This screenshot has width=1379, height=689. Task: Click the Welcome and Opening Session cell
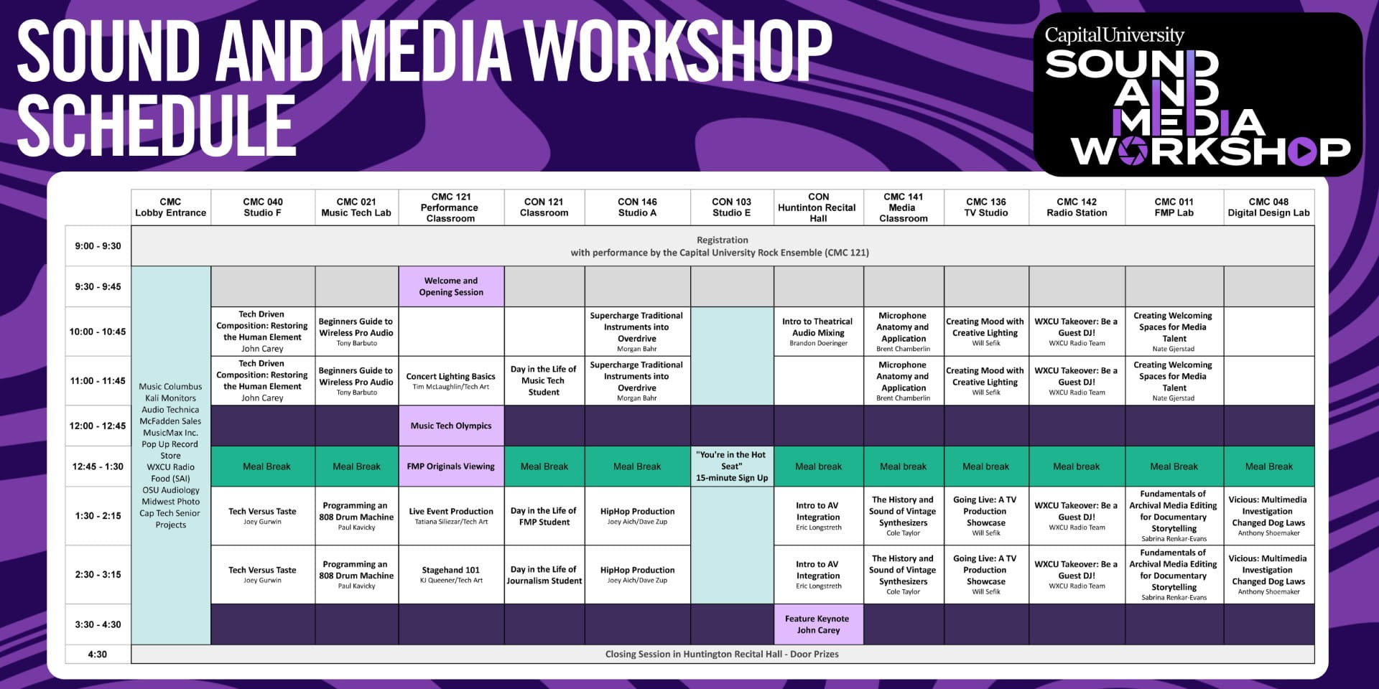(x=451, y=286)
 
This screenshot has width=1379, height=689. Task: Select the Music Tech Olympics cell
(x=451, y=426)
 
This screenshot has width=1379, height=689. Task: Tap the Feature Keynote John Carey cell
(x=817, y=624)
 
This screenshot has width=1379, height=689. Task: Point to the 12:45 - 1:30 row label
(x=98, y=467)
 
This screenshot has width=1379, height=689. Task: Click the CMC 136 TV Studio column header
(x=986, y=207)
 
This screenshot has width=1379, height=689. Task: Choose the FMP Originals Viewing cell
(x=451, y=467)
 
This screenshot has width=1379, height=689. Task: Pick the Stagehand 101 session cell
(x=451, y=574)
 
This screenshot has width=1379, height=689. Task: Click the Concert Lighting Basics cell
(x=451, y=380)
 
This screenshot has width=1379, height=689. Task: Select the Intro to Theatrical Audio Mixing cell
(x=818, y=332)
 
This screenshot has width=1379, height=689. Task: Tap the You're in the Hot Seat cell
(x=732, y=467)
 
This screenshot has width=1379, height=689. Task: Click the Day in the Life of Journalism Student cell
(x=544, y=574)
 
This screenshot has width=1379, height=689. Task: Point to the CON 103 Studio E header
(x=732, y=207)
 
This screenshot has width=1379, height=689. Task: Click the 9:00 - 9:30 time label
(x=98, y=246)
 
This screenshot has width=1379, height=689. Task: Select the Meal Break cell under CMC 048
(x=1269, y=467)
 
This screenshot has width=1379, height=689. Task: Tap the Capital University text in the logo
(x=1114, y=35)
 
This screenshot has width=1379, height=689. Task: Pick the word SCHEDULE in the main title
(x=157, y=126)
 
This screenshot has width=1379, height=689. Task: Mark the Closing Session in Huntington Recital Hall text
(x=722, y=654)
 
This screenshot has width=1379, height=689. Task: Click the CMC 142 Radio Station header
(x=1077, y=207)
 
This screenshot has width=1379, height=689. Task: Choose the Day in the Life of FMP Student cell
(x=544, y=516)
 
